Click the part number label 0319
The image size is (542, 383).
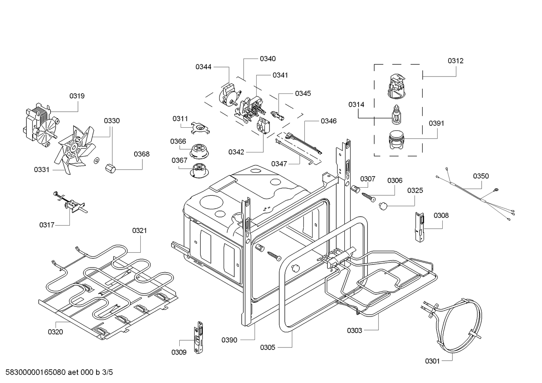tap(77, 96)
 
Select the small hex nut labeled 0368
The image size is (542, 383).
tap(111, 168)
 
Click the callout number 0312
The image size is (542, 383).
tap(455, 61)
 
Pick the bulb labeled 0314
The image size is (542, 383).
tap(396, 115)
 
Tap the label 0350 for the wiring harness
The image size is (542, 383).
tap(481, 176)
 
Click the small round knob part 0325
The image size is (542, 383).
tap(383, 205)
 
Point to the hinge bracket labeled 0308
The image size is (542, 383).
tap(419, 227)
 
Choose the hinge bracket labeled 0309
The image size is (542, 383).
tap(198, 337)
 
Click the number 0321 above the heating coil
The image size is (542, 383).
tap(139, 231)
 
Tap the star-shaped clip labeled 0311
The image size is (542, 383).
tap(201, 128)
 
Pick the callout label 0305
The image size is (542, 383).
tap(267, 347)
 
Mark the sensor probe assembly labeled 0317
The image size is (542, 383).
tap(71, 204)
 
